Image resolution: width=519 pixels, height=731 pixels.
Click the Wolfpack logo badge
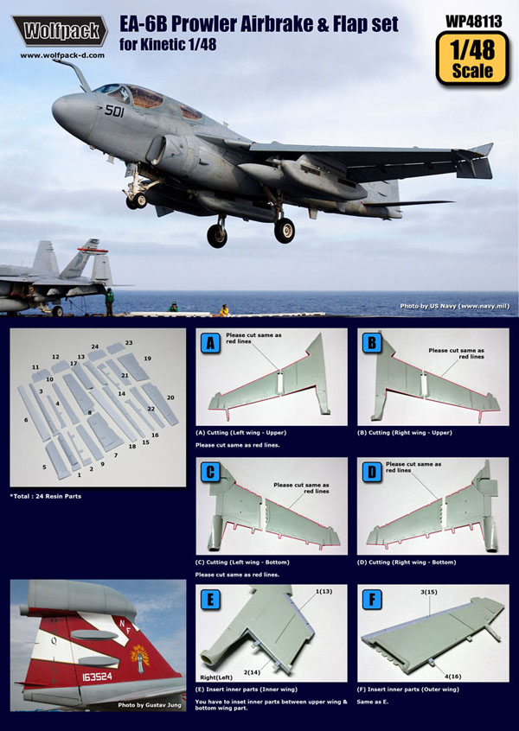(60, 31)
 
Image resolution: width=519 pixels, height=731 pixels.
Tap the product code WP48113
(474, 21)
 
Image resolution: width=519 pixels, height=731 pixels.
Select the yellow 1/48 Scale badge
(472, 58)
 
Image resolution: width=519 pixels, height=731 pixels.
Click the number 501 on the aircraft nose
(114, 111)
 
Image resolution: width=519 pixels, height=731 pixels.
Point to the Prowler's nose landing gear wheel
(138, 200)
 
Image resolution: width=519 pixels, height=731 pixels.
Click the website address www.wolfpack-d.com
(62, 54)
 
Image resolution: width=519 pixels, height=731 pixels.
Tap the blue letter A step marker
(210, 344)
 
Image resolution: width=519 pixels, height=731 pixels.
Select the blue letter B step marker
(372, 344)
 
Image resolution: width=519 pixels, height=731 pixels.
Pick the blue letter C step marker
(210, 473)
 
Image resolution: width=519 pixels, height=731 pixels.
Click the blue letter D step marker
(372, 473)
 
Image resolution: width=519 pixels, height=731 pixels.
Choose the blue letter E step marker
(210, 600)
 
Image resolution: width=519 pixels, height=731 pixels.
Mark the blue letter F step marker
(372, 600)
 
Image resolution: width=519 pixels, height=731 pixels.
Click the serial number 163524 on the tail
(97, 677)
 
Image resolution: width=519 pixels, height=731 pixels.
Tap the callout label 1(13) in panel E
(324, 592)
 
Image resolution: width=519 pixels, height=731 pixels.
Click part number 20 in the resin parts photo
(170, 397)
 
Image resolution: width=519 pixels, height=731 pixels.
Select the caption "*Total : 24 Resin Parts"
(46, 497)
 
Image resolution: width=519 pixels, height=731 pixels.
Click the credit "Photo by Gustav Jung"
(149, 705)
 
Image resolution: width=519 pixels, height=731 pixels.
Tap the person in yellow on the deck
(225, 310)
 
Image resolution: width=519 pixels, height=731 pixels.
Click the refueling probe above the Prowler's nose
(74, 74)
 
